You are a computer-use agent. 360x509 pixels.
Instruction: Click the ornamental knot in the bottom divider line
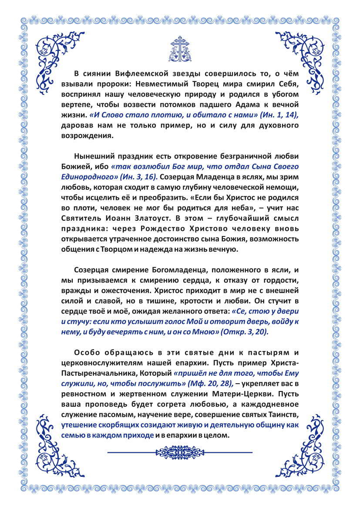coord(180,452)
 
